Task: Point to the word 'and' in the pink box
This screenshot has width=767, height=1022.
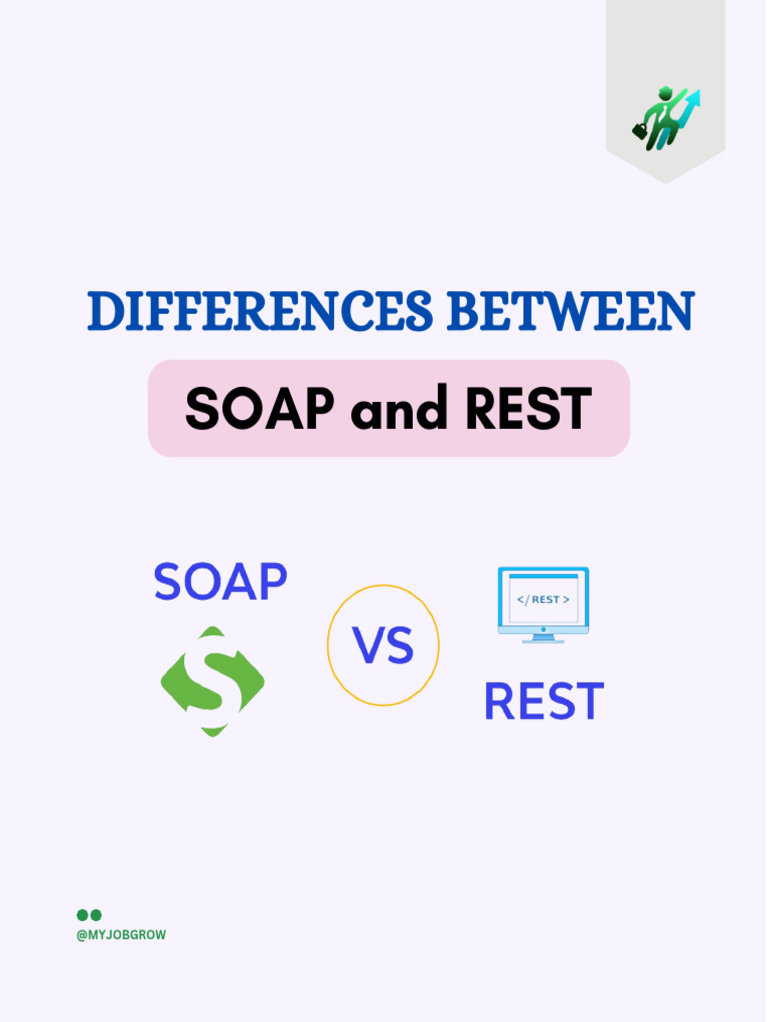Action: tap(383, 408)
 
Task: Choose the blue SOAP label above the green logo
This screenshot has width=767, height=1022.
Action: tap(220, 582)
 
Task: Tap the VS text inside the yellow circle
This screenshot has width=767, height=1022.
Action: tap(383, 646)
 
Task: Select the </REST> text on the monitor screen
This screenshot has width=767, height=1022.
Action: tap(543, 599)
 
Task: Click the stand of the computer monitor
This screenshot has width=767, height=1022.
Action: tap(543, 637)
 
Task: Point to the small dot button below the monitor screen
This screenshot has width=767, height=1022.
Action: tap(543, 628)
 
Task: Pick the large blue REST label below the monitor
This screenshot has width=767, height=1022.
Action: tap(543, 702)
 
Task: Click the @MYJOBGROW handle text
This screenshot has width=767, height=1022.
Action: tap(121, 935)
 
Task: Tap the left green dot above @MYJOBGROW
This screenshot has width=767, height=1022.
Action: tap(82, 914)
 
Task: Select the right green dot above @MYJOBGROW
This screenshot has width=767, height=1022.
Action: tap(96, 914)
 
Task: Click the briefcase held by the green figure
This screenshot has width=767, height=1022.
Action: tap(640, 130)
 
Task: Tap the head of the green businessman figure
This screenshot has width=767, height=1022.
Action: tap(664, 94)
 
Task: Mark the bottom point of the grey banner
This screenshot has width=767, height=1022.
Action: tap(665, 183)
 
